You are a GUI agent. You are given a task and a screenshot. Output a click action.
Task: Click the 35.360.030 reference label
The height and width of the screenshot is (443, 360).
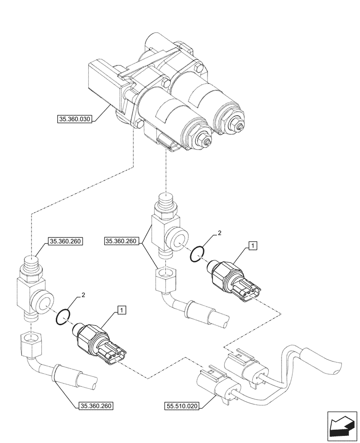pos(74,119)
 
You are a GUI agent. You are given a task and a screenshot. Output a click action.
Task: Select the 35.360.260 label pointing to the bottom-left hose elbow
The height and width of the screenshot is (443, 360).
pos(96,405)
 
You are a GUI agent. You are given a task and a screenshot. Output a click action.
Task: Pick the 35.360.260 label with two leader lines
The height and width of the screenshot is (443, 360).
pos(121,241)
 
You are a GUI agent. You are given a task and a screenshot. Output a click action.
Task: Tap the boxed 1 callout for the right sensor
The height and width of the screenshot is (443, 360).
pos(252,245)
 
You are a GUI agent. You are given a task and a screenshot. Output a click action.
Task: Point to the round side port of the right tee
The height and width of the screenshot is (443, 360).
pos(179,241)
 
